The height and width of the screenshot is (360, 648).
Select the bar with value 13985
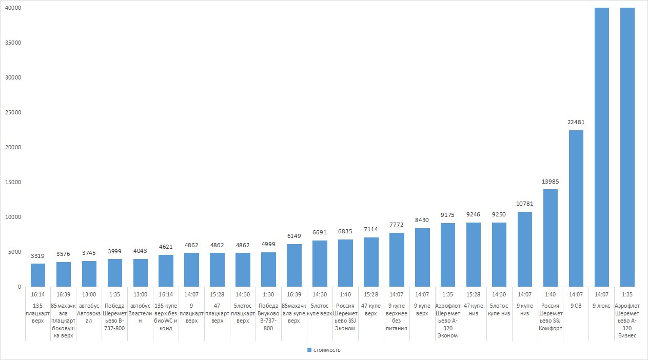pos(550,238)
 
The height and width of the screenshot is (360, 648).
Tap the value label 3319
pos(38,256)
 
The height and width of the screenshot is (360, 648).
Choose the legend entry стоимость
pos(324,350)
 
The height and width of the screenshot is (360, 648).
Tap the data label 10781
pos(524,204)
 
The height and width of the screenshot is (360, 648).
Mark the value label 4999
pos(268,244)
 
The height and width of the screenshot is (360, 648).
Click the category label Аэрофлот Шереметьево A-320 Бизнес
pos(627,320)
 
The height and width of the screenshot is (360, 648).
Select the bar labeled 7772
pos(397,259)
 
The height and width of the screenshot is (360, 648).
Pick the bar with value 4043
pos(141,273)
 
